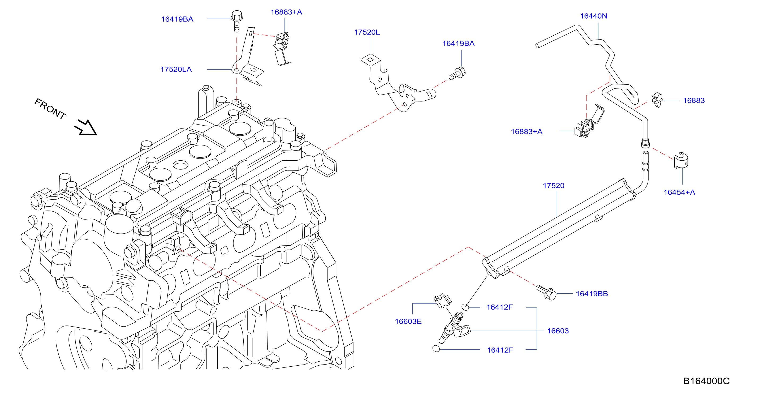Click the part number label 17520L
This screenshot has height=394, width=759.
tap(367, 32)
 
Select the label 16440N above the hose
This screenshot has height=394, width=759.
tap(594, 16)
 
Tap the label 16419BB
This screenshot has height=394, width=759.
tap(592, 294)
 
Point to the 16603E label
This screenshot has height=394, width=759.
tap(408, 321)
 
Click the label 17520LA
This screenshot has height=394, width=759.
tap(176, 69)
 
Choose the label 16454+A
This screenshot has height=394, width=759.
tap(679, 192)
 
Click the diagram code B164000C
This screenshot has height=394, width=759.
tap(706, 381)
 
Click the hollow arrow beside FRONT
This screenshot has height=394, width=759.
tap(86, 127)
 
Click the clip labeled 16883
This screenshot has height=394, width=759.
tap(657, 100)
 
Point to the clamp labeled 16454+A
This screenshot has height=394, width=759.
tap(681, 160)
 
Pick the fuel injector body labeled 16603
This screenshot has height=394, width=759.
tap(454, 328)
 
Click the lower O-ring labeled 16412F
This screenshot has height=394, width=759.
tap(436, 349)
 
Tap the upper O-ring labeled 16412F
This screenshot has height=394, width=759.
tap(465, 307)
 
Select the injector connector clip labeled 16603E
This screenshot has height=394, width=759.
tap(443, 301)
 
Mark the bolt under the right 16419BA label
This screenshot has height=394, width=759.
tap(457, 74)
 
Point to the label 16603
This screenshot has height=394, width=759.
tap(558, 331)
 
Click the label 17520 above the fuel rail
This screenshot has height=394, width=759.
tap(554, 186)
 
